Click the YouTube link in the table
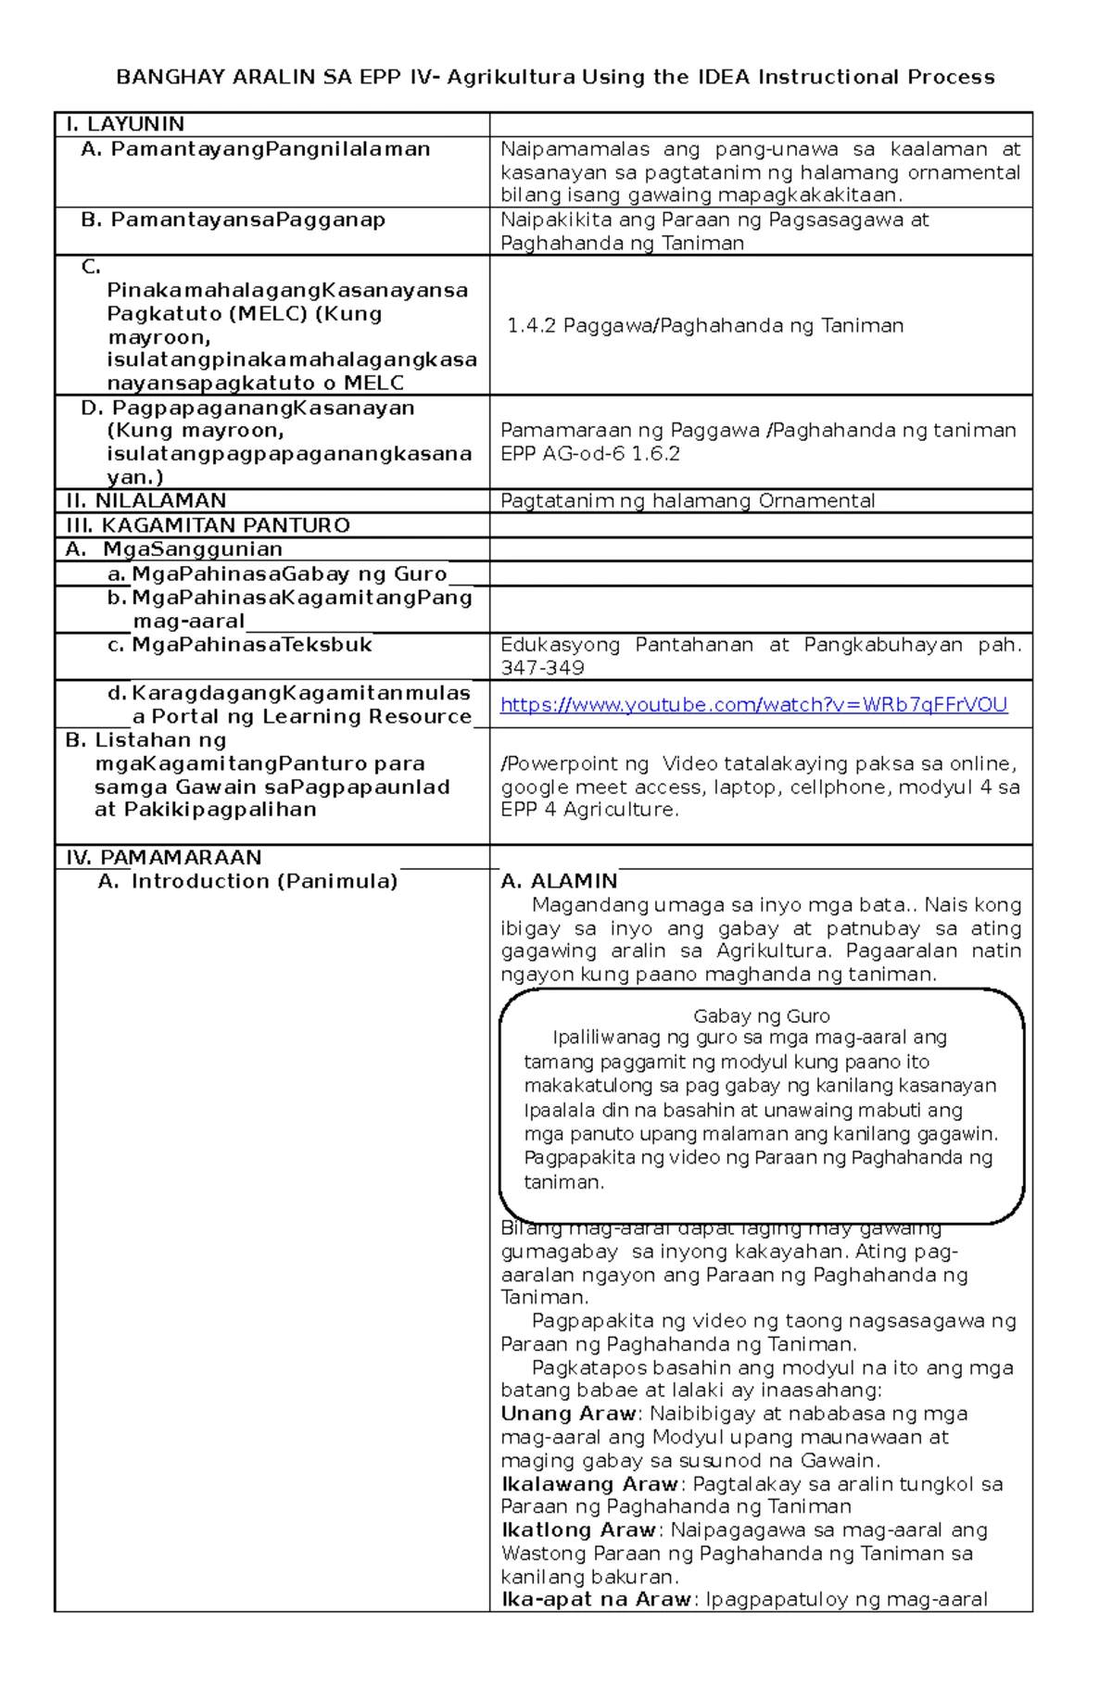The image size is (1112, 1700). (753, 705)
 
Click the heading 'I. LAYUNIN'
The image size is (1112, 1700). (125, 124)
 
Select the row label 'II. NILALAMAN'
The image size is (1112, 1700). (146, 501)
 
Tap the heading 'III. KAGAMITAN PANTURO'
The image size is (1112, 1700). (208, 525)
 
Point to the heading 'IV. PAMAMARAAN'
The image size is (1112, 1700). (164, 857)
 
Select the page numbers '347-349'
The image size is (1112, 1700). (542, 668)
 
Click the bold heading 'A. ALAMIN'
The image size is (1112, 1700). (559, 881)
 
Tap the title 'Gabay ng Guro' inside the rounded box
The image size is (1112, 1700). (761, 1016)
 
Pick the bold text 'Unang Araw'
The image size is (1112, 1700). (568, 1414)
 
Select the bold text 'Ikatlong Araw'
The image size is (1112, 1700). (578, 1530)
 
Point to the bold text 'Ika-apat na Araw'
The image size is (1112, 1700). (596, 1600)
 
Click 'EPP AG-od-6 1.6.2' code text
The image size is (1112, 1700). (590, 454)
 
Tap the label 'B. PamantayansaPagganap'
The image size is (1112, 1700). (234, 220)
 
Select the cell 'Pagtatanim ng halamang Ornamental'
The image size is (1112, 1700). (688, 501)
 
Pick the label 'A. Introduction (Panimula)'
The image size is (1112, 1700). (247, 881)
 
